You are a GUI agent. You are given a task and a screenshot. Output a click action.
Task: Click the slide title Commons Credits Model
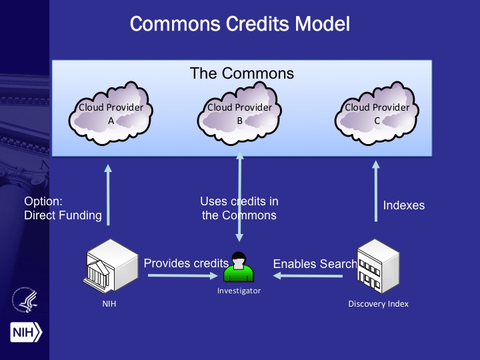tap(240, 25)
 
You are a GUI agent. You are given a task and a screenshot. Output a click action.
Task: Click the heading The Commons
tap(241, 73)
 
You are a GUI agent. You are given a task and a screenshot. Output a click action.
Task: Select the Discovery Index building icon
tap(378, 268)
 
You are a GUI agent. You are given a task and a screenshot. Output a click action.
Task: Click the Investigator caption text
tap(239, 291)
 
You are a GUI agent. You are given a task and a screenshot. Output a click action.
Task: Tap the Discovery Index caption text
tap(378, 304)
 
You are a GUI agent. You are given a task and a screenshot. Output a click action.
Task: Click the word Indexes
tap(403, 205)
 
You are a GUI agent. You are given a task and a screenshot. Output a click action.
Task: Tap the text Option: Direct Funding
tap(63, 208)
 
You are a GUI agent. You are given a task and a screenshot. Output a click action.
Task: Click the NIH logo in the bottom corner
tap(25, 331)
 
